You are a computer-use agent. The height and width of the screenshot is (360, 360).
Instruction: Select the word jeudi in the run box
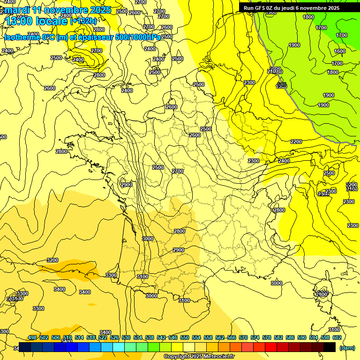coord(296,8)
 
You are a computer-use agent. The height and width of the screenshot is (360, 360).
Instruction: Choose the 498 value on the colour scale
coord(32,337)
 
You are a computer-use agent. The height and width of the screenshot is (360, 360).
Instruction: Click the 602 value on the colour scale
coord(337,337)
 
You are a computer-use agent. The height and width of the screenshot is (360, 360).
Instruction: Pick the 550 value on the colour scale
coord(185,337)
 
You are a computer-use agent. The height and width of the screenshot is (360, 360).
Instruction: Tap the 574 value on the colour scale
coord(255,337)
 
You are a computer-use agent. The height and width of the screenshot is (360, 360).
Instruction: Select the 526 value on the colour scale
coord(114,337)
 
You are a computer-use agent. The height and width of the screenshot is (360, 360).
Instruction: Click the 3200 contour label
coord(52,260)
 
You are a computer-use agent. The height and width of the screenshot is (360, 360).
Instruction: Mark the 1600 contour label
coord(340,52)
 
